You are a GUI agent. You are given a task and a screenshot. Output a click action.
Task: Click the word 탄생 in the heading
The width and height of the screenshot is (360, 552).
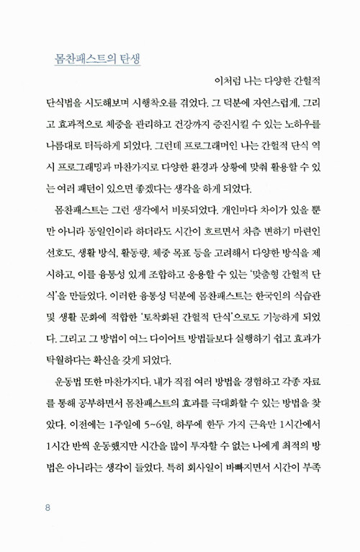pyautogui.click(x=125, y=58)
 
